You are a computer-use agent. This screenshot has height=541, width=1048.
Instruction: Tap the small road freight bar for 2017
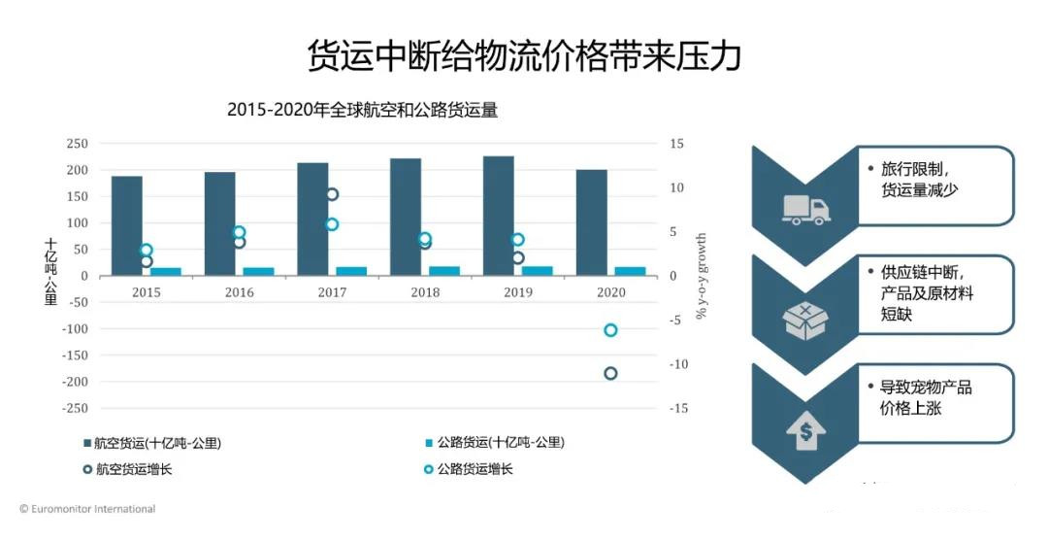tap(351, 271)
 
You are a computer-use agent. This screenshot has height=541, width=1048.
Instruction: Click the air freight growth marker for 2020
tap(610, 373)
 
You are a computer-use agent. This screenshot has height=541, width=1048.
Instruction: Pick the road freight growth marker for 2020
tap(610, 330)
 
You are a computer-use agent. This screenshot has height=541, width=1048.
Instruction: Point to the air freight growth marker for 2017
tap(332, 194)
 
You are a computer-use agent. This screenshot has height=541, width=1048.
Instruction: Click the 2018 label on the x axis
tap(425, 292)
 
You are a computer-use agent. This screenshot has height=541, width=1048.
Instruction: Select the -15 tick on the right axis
tap(678, 408)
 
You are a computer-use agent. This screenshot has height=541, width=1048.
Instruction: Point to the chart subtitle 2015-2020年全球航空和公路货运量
tap(362, 110)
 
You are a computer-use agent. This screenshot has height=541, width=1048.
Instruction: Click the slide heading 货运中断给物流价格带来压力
tap(524, 55)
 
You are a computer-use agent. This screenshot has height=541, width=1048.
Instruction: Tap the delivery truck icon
tap(805, 209)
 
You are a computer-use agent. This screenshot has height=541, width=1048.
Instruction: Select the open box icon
tap(805, 319)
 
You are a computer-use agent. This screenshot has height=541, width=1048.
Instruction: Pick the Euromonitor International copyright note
tap(87, 509)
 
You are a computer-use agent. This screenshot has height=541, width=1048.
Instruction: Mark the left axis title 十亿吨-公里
tap(50, 272)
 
